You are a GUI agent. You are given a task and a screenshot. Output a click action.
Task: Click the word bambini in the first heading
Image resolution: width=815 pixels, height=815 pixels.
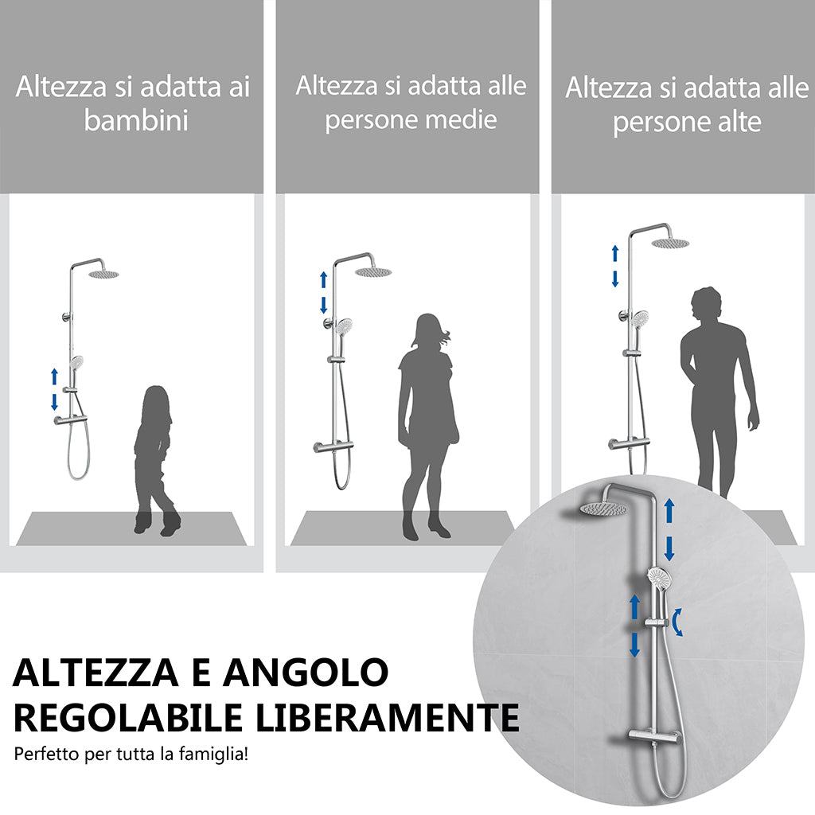click(136, 121)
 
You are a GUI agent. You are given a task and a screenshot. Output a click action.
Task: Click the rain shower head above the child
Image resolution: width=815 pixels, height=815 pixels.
click(103, 275)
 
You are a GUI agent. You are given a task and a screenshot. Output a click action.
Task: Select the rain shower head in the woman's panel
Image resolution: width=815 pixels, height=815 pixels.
click(372, 271)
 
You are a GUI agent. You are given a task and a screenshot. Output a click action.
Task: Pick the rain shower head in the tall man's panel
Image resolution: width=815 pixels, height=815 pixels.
click(671, 243)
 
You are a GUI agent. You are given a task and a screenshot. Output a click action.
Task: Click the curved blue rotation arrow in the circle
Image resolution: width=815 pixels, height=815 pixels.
click(678, 622)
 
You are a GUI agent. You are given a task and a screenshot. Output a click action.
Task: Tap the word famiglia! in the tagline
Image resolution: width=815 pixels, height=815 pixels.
click(216, 754)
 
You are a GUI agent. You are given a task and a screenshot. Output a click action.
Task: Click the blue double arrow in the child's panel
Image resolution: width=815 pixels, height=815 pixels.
click(54, 388)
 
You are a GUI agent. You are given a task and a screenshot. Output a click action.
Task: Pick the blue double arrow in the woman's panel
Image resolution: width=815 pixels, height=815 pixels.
click(323, 292)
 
